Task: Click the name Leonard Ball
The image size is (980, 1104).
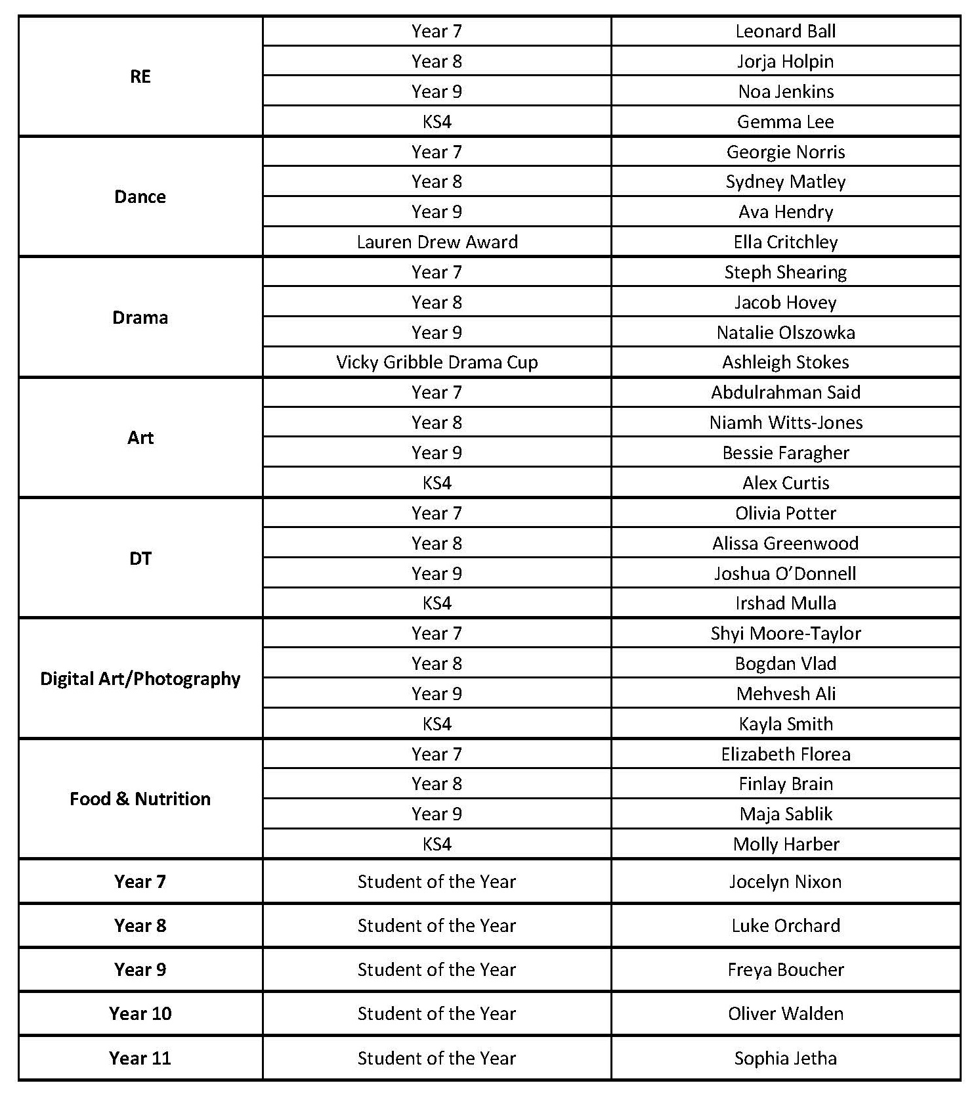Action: pyautogui.click(x=785, y=31)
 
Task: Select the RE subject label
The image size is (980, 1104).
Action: pyautogui.click(x=140, y=76)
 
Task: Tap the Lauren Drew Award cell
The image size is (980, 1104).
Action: pyautogui.click(x=437, y=242)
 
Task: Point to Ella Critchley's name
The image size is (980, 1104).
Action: pyautogui.click(x=785, y=242)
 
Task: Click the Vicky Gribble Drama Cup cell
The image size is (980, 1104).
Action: pyautogui.click(x=437, y=362)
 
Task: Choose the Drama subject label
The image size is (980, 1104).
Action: pyautogui.click(x=140, y=317)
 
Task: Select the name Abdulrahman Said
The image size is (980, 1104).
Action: pyautogui.click(x=785, y=392)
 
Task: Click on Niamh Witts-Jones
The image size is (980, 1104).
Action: pyautogui.click(x=785, y=422)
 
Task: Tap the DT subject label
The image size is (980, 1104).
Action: pyautogui.click(x=140, y=558)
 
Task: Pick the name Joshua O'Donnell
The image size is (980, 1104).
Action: pyautogui.click(x=785, y=573)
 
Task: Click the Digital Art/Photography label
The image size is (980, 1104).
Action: pyautogui.click(x=140, y=678)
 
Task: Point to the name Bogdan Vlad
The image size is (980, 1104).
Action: pyautogui.click(x=785, y=663)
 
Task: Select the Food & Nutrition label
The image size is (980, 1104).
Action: pyautogui.click(x=140, y=799)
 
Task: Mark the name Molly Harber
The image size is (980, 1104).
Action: pyautogui.click(x=785, y=844)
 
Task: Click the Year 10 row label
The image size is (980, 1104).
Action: pyautogui.click(x=140, y=1013)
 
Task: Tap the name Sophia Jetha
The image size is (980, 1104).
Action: pyautogui.click(x=785, y=1058)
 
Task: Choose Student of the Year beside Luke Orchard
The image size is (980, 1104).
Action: pyautogui.click(x=437, y=925)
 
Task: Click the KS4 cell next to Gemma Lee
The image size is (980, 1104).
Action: pyautogui.click(x=437, y=121)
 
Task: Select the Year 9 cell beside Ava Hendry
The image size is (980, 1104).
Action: pyautogui.click(x=437, y=211)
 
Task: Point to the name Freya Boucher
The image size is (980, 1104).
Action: pyautogui.click(x=785, y=969)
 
